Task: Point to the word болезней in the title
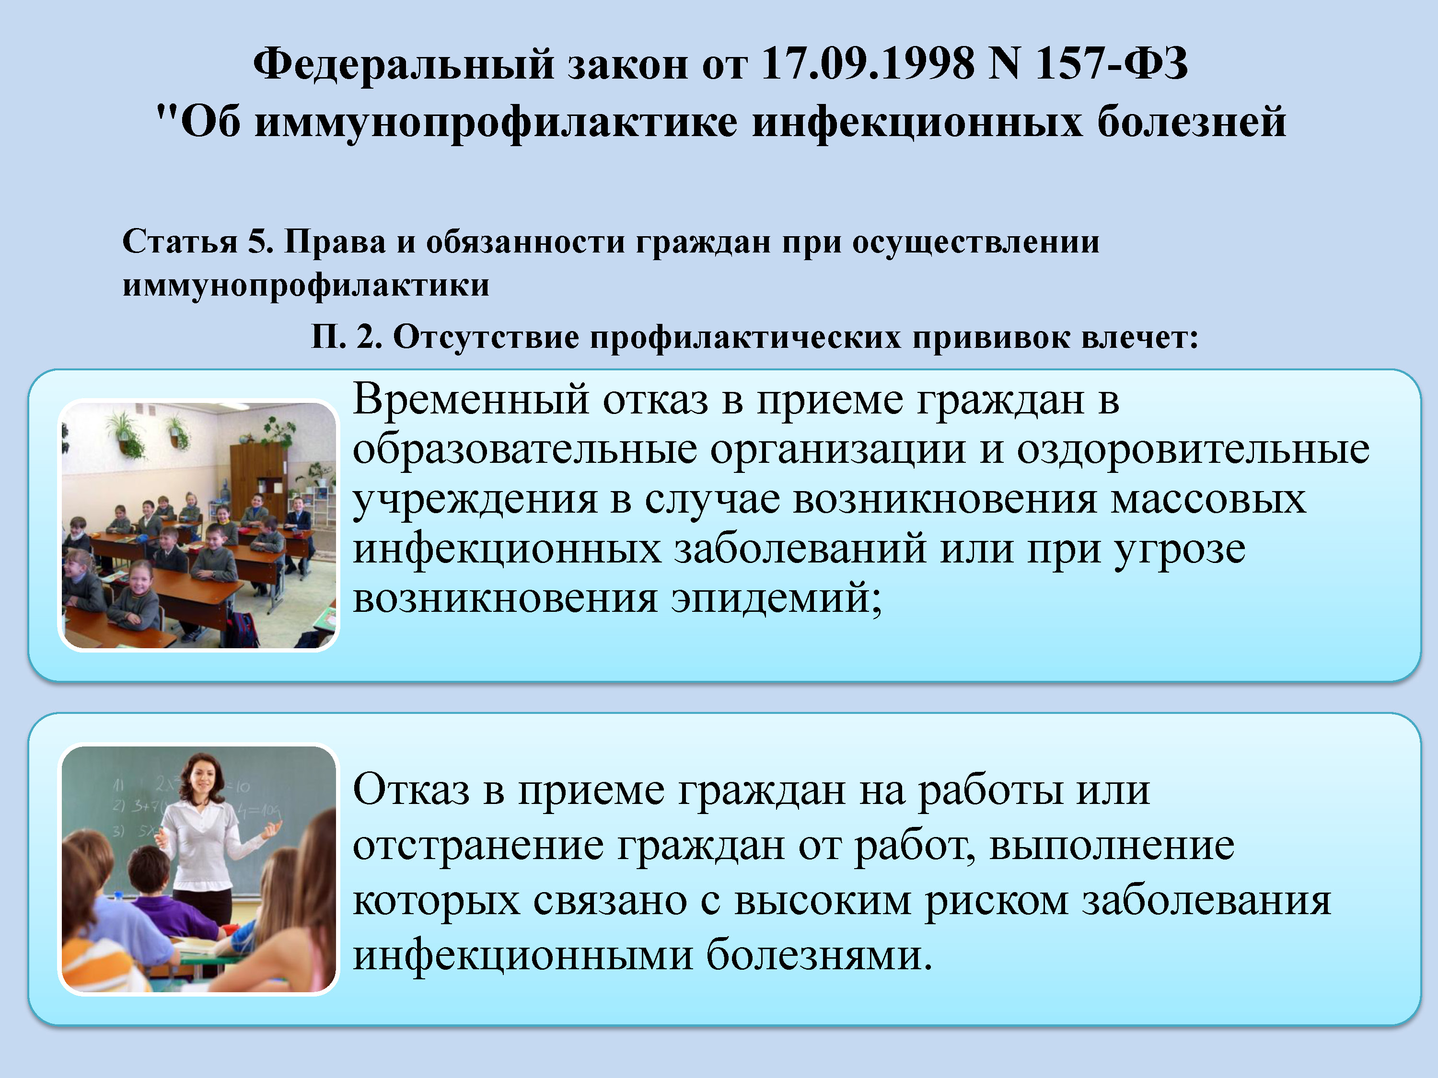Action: coord(1192,122)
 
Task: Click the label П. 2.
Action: coord(347,337)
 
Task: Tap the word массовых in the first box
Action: coord(1208,500)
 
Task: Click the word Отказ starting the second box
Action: coord(411,791)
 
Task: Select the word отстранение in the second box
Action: coord(478,846)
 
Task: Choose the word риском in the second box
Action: coord(997,902)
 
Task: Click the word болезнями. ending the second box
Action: coord(819,955)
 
